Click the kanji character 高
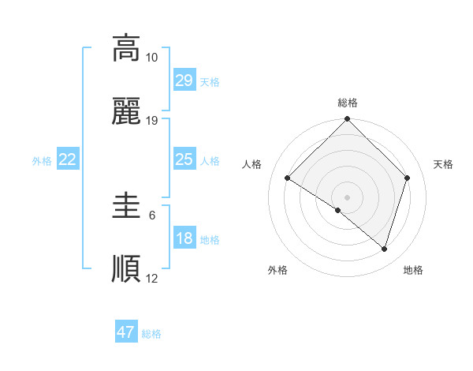126,48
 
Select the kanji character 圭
126,208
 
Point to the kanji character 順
126,269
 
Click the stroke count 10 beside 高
152,58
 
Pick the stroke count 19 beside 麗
152,121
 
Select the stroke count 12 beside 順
152,278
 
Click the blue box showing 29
184,80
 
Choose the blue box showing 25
184,159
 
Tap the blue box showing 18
184,238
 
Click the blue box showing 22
68,159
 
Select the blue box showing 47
126,332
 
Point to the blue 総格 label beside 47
151,334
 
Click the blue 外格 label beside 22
42,161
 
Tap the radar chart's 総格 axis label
348,103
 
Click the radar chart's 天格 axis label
444,164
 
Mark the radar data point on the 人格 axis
288,178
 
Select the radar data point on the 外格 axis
338,210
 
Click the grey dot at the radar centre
348,197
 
